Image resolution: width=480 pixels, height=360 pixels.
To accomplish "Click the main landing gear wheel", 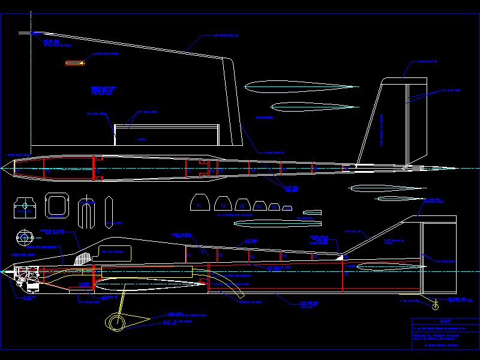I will tap(116, 323).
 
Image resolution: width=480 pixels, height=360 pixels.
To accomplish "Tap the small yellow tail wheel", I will tap(436, 307).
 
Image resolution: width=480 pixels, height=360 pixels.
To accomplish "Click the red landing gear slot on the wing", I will tap(75, 62).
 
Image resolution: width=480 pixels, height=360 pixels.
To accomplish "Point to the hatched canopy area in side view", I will tap(83, 257).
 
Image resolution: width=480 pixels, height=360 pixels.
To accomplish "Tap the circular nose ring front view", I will tap(25, 238).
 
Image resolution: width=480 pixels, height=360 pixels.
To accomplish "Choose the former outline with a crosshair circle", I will tap(24, 206).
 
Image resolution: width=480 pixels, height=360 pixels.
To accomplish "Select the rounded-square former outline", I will tap(56, 205).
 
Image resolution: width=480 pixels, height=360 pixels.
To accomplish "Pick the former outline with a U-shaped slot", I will tap(87, 212).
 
